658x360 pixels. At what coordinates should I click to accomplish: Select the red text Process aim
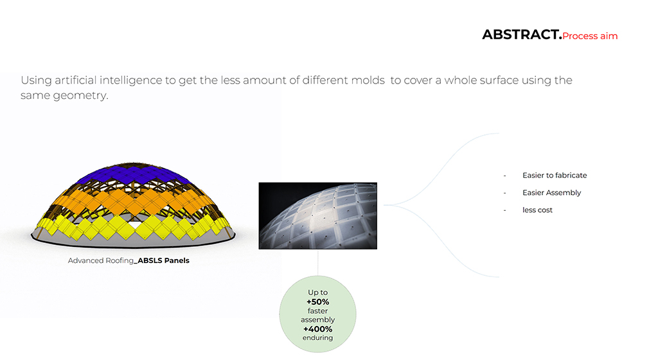[590, 36]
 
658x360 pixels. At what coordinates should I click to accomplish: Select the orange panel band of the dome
[134, 202]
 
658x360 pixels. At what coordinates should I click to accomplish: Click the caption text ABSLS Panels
[164, 260]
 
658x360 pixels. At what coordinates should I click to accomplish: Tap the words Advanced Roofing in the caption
[101, 260]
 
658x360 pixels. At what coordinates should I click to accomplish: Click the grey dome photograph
[317, 215]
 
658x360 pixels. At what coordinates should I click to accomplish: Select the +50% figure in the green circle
[317, 301]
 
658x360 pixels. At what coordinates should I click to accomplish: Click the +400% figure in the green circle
[317, 329]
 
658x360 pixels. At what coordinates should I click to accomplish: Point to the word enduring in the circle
[317, 337]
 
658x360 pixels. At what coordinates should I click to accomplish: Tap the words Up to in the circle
[317, 292]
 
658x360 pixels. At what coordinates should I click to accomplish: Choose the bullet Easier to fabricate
[555, 175]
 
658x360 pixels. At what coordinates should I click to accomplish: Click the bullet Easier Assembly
[551, 193]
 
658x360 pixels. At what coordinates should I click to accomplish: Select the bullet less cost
[537, 210]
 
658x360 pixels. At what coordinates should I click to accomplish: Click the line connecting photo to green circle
[317, 263]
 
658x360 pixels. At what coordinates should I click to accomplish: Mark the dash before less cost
[505, 210]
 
